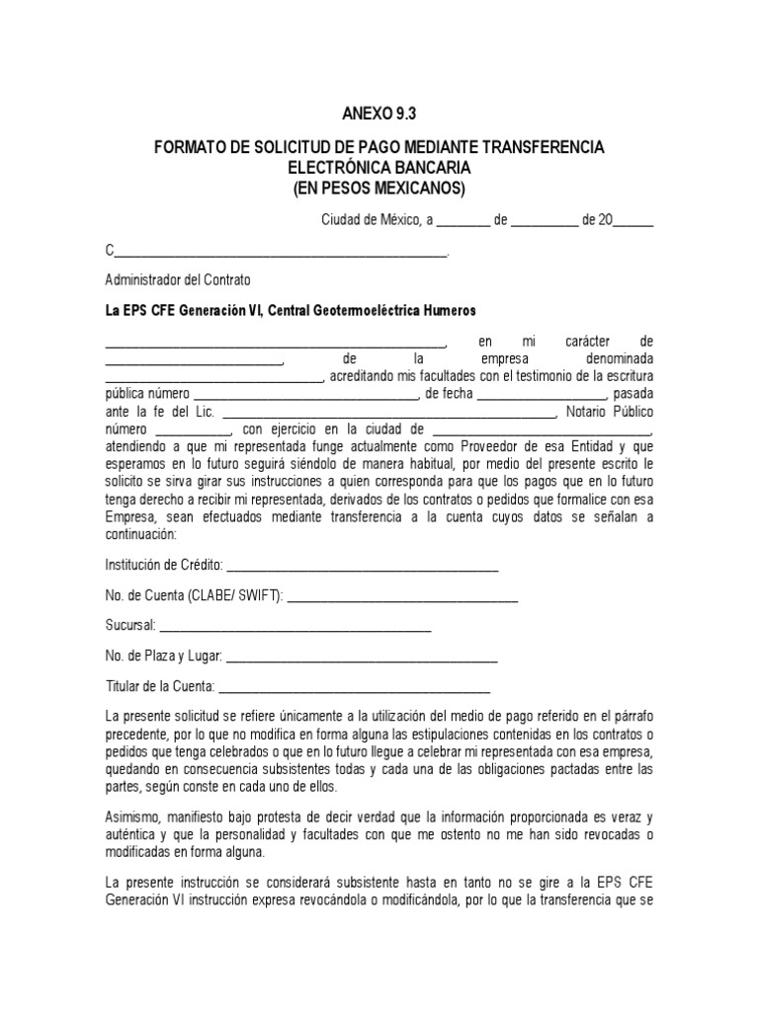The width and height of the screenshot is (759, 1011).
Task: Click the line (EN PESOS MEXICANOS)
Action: pyautogui.click(x=379, y=188)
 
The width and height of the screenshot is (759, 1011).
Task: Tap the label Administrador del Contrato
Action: pyautogui.click(x=178, y=279)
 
